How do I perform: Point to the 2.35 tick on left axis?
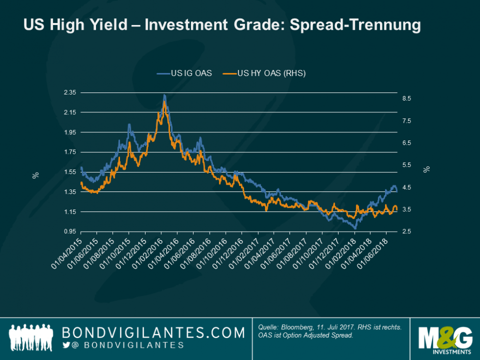click(69, 93)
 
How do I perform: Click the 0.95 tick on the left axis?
click(69, 232)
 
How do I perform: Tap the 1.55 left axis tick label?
click(69, 172)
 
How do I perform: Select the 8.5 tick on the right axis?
click(407, 99)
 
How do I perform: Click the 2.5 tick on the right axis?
click(407, 232)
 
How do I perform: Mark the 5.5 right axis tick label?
click(407, 165)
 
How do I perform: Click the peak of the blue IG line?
click(164, 95)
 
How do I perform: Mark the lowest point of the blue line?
click(354, 228)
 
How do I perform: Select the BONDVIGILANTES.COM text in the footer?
click(153, 333)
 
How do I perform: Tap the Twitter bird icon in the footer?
click(66, 346)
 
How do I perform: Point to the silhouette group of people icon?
click(32, 338)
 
